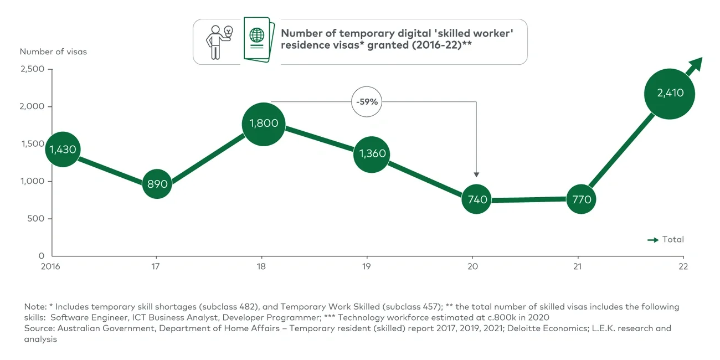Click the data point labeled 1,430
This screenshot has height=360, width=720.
pos(63,150)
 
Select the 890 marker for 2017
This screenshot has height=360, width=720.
pos(157,184)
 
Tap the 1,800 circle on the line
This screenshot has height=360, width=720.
pos(264,124)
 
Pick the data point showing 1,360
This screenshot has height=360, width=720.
pos(372,154)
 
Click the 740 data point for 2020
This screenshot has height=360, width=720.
pos(476,199)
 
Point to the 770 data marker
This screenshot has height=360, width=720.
pos(581,199)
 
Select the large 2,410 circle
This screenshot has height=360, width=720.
pos(670,94)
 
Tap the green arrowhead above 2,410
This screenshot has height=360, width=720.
pos(696,64)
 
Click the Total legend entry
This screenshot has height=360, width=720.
pos(666,240)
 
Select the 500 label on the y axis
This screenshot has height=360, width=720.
pos(36,219)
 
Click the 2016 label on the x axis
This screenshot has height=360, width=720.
pos(52,266)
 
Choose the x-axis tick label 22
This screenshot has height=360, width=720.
pos(683,266)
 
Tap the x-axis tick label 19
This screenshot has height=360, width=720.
pos(367,266)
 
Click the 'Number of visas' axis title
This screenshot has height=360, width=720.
pos(53,52)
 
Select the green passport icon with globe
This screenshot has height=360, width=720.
pos(258,40)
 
